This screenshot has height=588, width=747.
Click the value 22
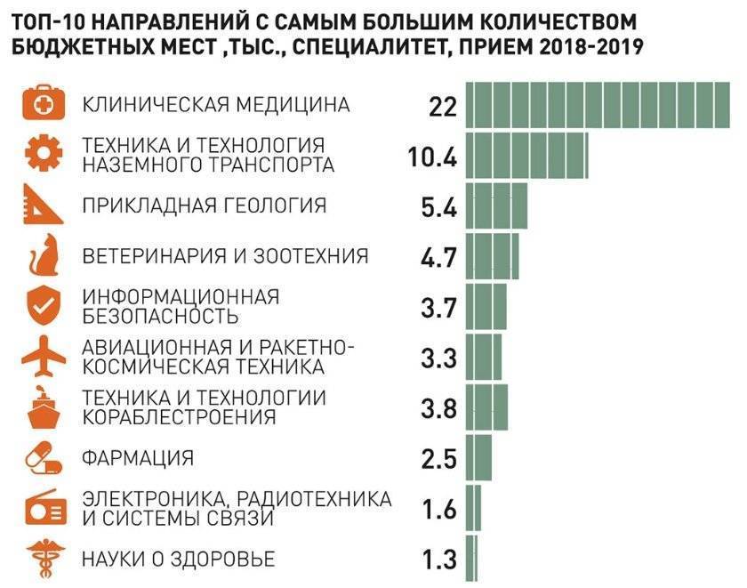[x=441, y=107]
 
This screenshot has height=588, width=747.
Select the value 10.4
[x=432, y=157]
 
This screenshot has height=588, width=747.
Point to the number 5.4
[x=438, y=207]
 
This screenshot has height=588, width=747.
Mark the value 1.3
[x=438, y=560]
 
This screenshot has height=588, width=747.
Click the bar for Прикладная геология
[x=496, y=206]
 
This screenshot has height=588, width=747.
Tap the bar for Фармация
[x=478, y=459]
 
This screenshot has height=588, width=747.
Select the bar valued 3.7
[x=486, y=308]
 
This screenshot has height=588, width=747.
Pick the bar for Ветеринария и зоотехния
[x=492, y=257]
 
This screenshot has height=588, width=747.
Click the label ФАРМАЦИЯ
[x=138, y=459]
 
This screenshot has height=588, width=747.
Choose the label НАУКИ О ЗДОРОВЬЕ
[x=179, y=560]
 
